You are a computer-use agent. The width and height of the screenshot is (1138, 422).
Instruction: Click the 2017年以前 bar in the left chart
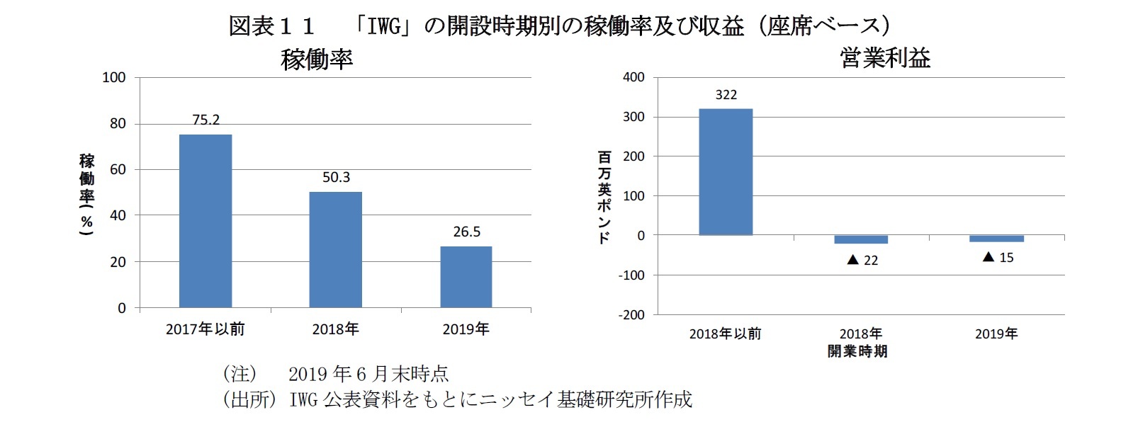(205, 221)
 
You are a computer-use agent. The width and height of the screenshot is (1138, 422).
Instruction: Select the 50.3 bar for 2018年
(335, 249)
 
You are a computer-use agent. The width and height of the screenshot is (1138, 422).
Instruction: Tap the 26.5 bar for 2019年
(466, 277)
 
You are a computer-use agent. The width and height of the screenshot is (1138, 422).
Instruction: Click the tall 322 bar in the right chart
(726, 172)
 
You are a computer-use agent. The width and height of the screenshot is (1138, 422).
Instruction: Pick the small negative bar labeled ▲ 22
(860, 239)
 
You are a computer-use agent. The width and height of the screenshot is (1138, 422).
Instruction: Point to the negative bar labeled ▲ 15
(996, 239)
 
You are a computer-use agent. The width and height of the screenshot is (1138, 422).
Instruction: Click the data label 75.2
(206, 120)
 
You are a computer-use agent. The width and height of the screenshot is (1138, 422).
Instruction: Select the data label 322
(726, 95)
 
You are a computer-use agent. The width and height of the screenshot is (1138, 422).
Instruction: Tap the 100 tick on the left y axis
(114, 77)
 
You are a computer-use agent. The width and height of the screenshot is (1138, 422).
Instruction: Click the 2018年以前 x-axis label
(725, 334)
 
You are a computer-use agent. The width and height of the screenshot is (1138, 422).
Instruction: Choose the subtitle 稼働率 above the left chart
(317, 59)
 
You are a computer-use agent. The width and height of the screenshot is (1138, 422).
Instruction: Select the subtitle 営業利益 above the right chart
(885, 57)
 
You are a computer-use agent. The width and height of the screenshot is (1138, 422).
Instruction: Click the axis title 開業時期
(857, 351)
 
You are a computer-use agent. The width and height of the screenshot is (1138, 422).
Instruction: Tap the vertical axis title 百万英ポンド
(604, 196)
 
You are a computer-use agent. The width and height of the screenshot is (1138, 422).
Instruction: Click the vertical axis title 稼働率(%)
(86, 194)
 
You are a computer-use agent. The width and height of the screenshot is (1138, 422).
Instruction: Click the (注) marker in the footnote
(239, 373)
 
